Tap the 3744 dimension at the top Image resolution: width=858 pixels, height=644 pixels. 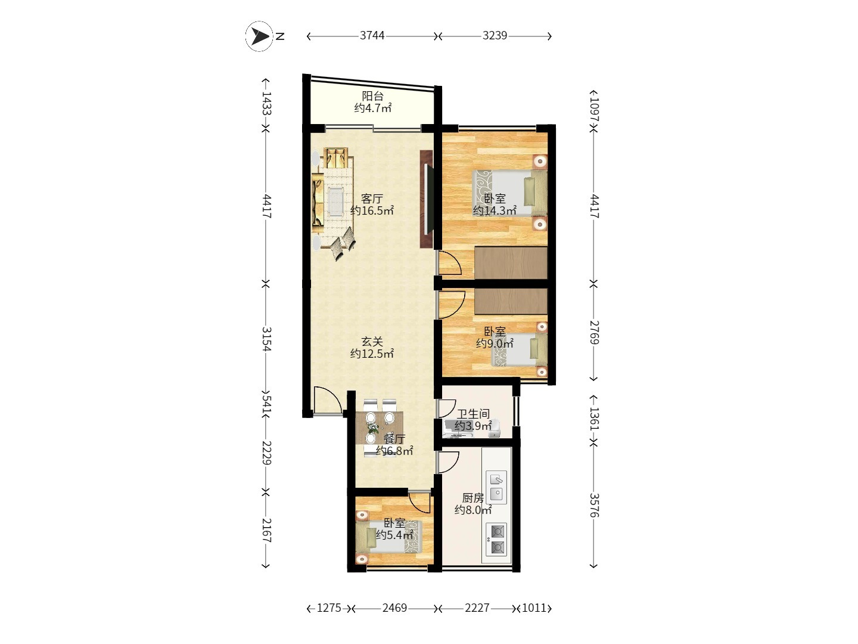(372, 36)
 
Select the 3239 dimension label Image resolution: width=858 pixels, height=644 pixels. (495, 36)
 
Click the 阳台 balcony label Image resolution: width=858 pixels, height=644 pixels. (372, 96)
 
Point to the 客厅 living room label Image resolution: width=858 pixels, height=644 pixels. (372, 199)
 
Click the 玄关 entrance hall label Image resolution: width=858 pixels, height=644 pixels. (372, 342)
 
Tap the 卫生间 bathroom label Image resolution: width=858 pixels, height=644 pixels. (473, 414)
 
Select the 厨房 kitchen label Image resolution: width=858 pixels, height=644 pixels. (473, 498)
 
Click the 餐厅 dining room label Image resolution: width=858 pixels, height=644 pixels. (394, 439)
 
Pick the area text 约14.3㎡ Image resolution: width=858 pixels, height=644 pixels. (495, 210)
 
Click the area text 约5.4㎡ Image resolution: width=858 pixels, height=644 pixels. (394, 534)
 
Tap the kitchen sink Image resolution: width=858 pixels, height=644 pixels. (496, 487)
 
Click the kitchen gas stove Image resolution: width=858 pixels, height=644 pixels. (496, 540)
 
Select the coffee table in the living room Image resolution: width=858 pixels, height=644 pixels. (336, 202)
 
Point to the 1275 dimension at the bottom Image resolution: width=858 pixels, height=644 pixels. (329, 608)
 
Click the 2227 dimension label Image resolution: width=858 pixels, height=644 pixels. (477, 608)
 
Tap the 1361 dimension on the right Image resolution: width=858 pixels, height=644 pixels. (594, 419)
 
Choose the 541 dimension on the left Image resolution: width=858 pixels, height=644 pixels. (266, 403)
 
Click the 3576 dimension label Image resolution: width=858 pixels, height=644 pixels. (594, 505)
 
